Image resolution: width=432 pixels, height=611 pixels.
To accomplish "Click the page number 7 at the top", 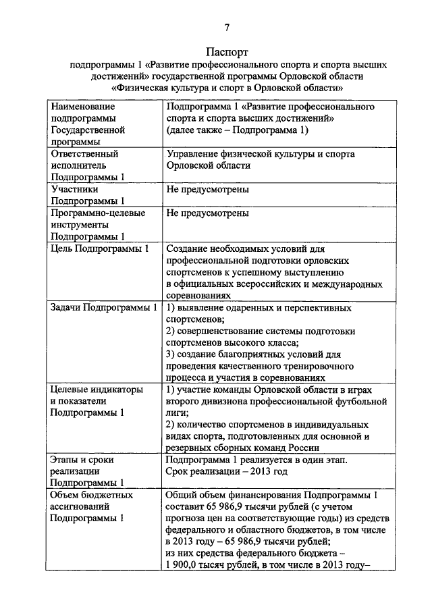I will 227,27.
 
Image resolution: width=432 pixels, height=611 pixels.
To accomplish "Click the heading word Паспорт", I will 227,52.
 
